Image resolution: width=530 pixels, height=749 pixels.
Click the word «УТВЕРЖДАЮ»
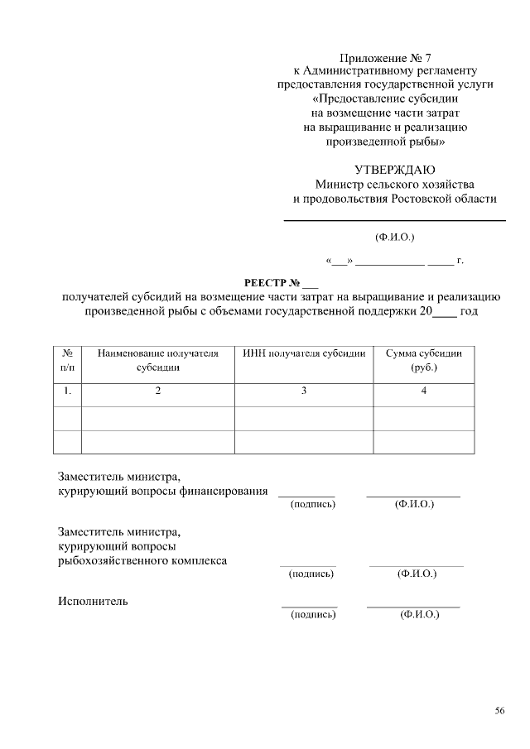[395, 170]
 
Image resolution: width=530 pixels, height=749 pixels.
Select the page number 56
[499, 710]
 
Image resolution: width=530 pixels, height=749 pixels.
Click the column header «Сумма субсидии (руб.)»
[424, 360]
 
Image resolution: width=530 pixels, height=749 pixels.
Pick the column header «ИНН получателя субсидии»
[304, 353]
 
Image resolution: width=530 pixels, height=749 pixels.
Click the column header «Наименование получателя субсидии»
[157, 360]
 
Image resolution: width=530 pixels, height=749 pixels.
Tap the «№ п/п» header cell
[67, 360]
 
